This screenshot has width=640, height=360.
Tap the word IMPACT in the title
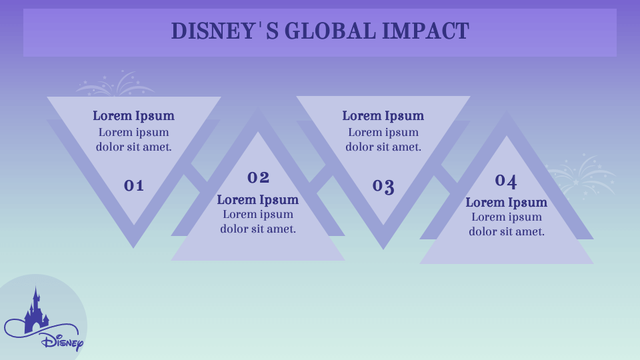426,31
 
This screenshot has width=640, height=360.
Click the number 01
134,186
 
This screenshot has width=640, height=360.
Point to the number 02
259,177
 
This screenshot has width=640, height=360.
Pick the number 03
383,187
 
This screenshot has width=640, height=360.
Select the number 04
506,181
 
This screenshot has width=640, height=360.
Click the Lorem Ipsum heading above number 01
133,116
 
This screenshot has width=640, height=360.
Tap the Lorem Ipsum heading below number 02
258,200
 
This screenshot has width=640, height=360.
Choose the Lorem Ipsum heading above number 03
383,116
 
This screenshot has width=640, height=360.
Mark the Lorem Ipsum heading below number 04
507,203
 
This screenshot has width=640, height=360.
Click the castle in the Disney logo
36,310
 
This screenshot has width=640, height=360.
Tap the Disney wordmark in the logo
62,341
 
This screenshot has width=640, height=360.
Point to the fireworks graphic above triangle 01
115,84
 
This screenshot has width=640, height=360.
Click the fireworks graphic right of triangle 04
581,176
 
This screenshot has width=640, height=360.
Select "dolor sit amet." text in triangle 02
258,229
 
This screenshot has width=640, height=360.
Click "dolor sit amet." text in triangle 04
507,232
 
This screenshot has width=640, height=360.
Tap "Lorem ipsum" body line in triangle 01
133,133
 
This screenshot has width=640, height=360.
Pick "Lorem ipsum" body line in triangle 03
383,133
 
